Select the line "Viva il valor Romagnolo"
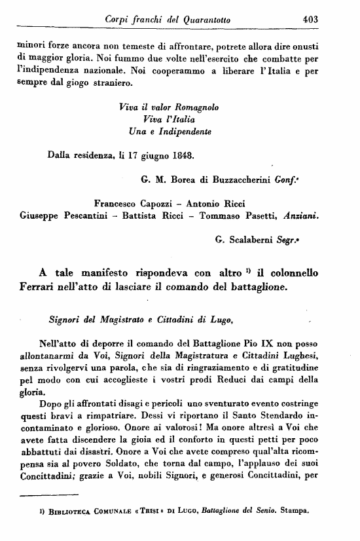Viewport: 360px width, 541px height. pyautogui.click(x=169, y=107)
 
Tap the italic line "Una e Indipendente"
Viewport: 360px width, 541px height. pyautogui.click(x=170, y=132)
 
